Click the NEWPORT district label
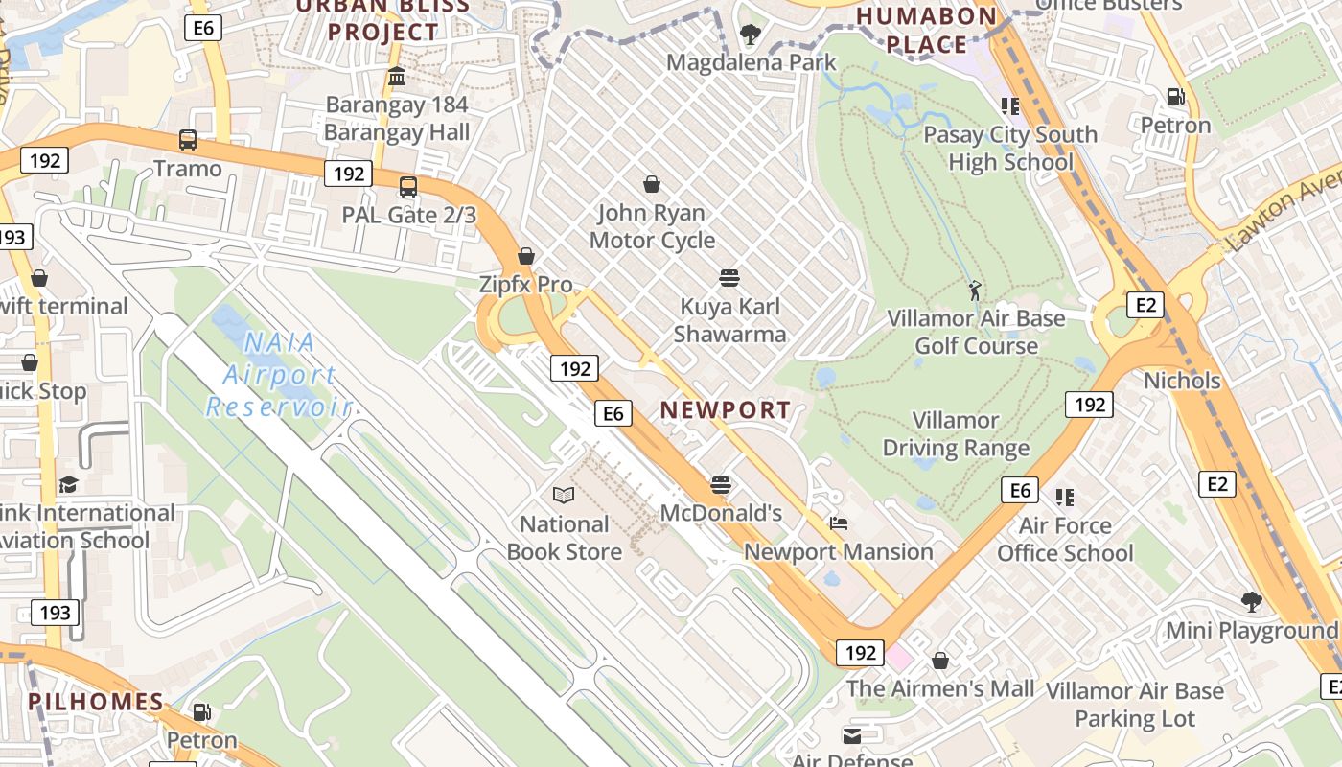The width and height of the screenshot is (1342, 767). [726, 410]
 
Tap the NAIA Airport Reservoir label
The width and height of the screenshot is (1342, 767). [279, 374]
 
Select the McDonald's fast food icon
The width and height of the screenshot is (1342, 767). [721, 485]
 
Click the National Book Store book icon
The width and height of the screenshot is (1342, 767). [565, 495]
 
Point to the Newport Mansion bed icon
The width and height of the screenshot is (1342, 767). [839, 523]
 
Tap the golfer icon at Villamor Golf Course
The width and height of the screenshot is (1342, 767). [975, 290]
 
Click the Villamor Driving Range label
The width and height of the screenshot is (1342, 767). [956, 434]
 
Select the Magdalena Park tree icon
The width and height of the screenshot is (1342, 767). [751, 35]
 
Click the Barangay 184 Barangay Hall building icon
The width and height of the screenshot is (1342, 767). [397, 76]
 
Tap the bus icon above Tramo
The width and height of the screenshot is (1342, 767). [188, 140]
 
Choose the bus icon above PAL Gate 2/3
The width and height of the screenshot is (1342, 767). [408, 186]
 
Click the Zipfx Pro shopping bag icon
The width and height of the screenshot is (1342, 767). [525, 256]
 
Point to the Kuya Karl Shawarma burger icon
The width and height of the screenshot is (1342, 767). [729, 278]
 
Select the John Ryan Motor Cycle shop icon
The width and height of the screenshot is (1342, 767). [652, 184]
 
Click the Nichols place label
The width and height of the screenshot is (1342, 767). [1182, 381]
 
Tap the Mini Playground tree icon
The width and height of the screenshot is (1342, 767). [1251, 601]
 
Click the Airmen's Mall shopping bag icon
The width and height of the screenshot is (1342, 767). [940, 661]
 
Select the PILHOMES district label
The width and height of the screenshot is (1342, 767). [96, 702]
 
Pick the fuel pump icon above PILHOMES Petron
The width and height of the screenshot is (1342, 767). [201, 712]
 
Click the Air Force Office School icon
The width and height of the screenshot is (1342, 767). [1065, 497]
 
